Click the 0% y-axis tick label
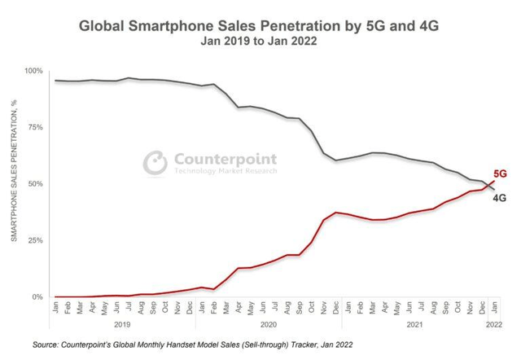coord(37,297)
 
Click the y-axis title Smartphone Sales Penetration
coord(13,184)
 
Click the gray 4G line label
coord(501,197)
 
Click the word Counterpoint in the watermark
coord(224,158)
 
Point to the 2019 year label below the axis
coord(123,323)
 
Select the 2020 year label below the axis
coord(266,323)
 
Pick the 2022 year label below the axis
coord(493,323)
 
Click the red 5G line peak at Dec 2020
coord(337,212)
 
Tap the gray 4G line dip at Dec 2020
coord(337,160)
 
